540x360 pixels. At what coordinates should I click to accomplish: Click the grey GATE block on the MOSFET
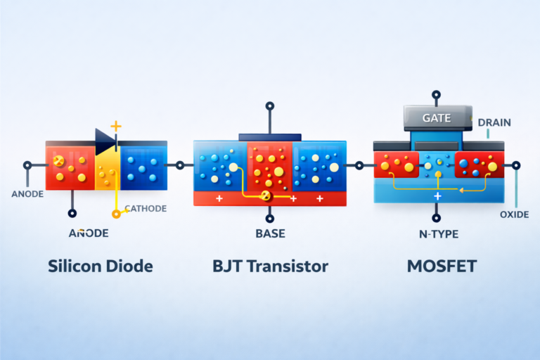pos(437,117)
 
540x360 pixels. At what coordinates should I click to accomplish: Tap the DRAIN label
pos(494,122)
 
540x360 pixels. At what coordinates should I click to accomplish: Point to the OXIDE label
pos(514,214)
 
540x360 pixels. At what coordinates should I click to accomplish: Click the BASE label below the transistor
pos(269,233)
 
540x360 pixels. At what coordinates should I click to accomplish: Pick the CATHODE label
pos(145,208)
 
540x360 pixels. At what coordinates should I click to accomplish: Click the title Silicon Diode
pos(101,266)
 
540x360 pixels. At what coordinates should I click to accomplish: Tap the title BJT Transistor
pos(270,266)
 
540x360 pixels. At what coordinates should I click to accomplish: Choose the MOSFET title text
pos(437,266)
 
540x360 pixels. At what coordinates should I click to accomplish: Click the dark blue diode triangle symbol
pos(106,141)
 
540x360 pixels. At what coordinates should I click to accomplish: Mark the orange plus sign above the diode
pos(116,127)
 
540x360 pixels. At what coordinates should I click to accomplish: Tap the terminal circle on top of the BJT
pos(269,108)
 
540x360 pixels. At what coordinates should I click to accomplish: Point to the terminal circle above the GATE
pos(436,94)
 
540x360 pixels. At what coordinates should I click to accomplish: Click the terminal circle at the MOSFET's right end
pos(517,166)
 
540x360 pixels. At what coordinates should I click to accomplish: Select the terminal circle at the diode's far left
pos(27,165)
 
